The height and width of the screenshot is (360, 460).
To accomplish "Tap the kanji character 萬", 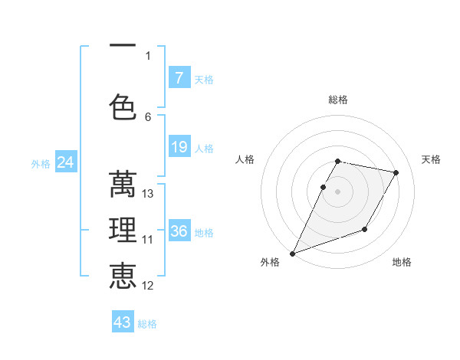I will tap(123, 185).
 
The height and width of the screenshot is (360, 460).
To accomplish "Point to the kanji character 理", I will tap(123, 231).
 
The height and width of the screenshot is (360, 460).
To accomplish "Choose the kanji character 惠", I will tap(123, 276).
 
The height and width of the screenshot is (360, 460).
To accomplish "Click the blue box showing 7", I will tap(179, 78).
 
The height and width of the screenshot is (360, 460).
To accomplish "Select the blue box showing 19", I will tap(179, 147).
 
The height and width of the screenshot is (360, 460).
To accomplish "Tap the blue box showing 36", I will tap(179, 231).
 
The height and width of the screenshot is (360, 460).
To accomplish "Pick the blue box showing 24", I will tap(65, 162).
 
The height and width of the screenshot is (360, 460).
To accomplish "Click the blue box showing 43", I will tap(123, 322).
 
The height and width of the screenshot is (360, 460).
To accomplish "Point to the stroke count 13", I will tap(148, 194).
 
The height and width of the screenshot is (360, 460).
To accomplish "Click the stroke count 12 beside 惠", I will tap(148, 286).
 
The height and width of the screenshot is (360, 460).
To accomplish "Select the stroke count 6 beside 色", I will tap(148, 116).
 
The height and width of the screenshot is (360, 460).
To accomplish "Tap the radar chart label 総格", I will tap(338, 100).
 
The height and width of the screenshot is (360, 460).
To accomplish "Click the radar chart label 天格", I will tap(432, 159).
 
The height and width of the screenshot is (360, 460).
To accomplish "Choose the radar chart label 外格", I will tap(270, 262).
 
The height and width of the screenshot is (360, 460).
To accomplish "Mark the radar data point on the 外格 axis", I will tap(292, 253).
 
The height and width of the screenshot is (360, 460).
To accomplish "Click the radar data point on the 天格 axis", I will tap(396, 173).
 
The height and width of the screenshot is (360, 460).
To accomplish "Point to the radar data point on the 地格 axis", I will tap(365, 229).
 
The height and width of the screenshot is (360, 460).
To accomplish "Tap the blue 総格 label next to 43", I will tap(147, 324).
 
